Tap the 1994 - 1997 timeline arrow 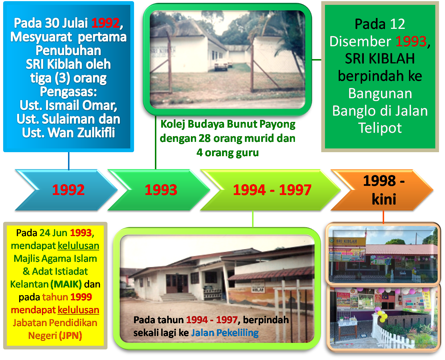[272, 190]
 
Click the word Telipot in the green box [380, 128]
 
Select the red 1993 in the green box [411, 41]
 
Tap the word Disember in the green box [360, 41]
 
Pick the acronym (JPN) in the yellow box [70, 335]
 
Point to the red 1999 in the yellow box [81, 297]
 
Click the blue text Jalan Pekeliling [225, 333]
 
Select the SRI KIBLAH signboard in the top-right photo [347, 242]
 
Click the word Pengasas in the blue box [68, 92]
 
